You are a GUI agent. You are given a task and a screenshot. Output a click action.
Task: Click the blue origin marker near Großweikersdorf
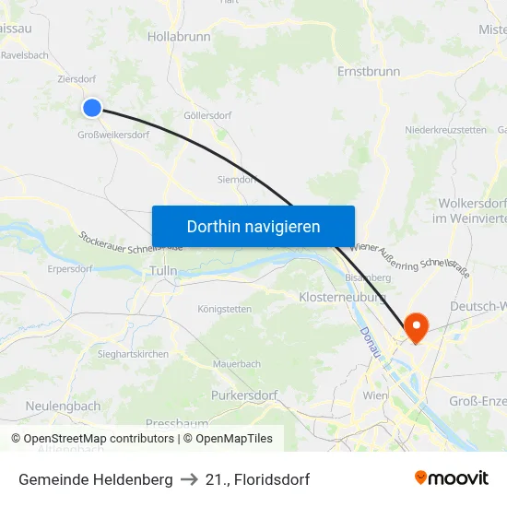(x=92, y=108)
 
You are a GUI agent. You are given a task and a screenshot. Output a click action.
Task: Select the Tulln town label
(x=162, y=271)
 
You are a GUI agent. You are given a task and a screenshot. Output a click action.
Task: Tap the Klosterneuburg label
(x=341, y=298)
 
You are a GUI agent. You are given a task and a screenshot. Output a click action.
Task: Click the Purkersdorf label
(x=244, y=395)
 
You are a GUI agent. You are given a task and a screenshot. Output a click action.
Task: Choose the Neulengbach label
(x=63, y=406)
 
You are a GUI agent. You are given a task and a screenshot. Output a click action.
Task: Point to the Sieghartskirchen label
(x=133, y=354)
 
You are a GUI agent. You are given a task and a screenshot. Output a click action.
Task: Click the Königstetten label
(x=224, y=310)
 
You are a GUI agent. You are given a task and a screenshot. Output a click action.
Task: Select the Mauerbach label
(x=237, y=364)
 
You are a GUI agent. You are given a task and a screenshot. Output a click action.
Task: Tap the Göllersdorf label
(x=207, y=116)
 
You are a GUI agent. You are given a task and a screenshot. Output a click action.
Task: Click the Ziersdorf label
(x=77, y=80)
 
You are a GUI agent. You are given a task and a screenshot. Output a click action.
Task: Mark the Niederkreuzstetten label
(x=445, y=130)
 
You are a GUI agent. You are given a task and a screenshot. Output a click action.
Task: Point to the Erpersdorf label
(x=70, y=269)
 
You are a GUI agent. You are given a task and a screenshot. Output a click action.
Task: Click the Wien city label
(x=375, y=395)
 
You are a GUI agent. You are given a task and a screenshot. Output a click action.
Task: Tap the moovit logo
(x=452, y=478)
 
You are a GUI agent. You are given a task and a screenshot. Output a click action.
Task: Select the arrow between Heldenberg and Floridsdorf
(x=189, y=479)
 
